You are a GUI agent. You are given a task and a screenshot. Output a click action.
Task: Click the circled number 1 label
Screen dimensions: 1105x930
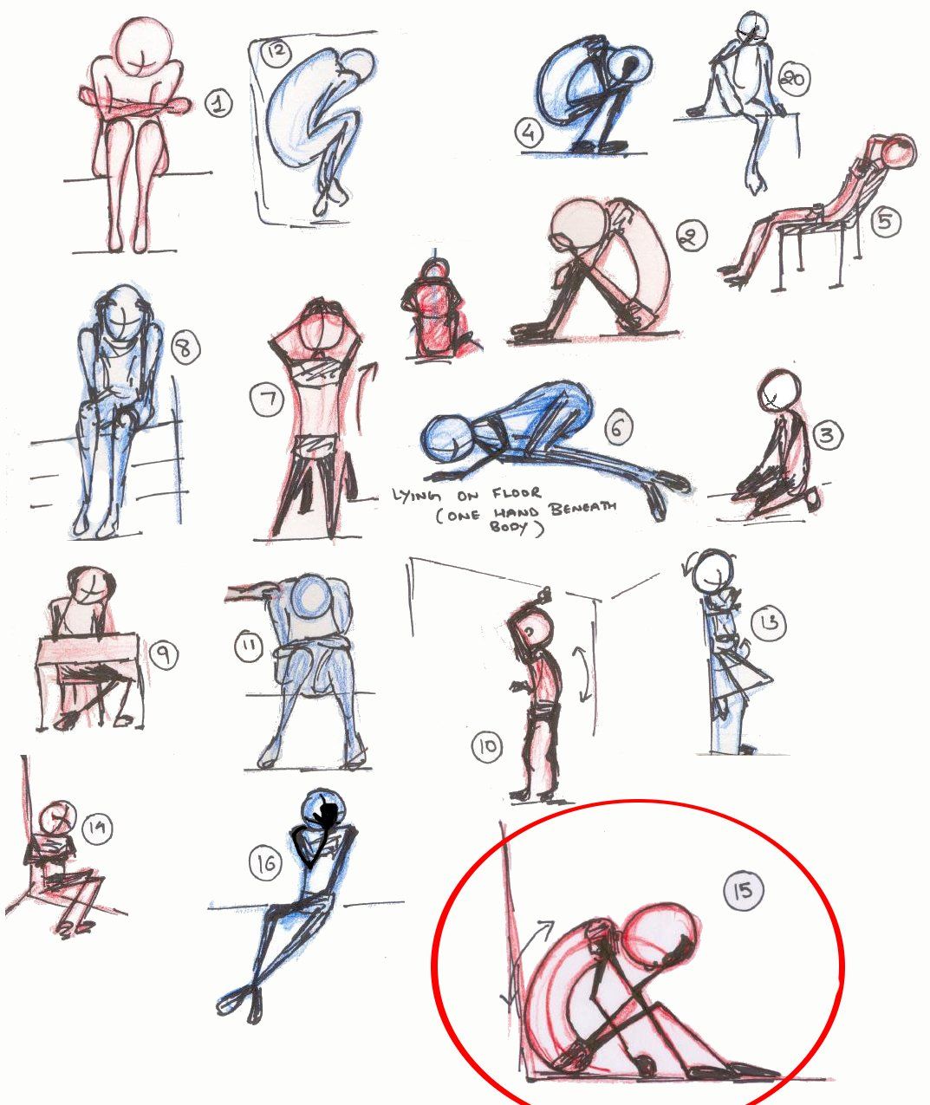[x=218, y=105]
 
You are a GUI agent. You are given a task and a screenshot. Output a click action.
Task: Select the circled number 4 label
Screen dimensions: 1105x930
[x=528, y=133]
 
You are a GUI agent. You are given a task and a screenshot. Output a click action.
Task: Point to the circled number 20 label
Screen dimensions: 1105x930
[x=792, y=80]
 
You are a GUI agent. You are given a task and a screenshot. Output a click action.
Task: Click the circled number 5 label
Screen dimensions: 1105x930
[x=883, y=221]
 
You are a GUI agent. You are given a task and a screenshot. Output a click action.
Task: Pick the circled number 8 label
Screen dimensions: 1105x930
[x=184, y=348]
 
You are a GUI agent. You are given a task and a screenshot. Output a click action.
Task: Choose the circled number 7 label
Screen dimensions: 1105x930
[x=267, y=400]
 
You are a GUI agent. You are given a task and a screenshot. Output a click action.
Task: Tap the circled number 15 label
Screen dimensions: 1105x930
[x=744, y=891]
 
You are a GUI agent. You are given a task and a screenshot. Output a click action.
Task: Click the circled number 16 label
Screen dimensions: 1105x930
[x=266, y=862]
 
